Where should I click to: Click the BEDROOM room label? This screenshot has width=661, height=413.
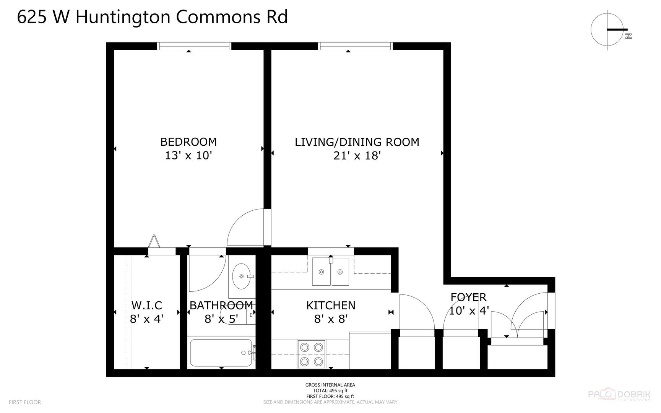point(188,142)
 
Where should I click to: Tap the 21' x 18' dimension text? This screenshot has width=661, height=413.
point(357,156)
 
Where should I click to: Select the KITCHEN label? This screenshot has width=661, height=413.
point(331,305)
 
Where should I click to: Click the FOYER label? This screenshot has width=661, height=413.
point(468,297)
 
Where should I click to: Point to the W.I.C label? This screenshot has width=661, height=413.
point(147,305)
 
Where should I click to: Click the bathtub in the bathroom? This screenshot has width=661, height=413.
point(221,353)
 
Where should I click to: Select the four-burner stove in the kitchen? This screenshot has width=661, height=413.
point(312,354)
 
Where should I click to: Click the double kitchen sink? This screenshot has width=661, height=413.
point(331,272)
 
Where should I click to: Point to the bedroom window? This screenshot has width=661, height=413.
point(195,46)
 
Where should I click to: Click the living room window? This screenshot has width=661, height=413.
point(356,46)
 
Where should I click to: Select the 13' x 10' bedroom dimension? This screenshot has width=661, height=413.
point(188,156)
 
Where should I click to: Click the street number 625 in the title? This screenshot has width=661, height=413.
point(32,17)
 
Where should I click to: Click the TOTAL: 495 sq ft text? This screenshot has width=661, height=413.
point(330,390)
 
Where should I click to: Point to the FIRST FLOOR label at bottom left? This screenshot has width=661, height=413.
point(25,402)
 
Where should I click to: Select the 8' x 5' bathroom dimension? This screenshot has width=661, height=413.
point(221,319)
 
